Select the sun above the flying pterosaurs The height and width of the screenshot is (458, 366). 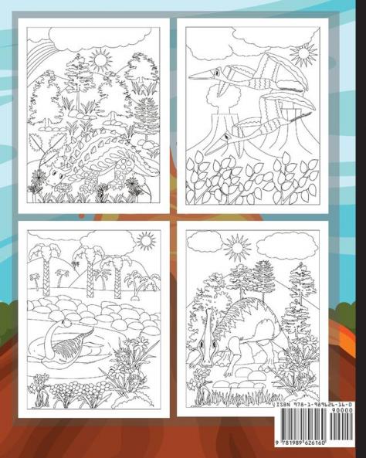pyautogui.click(x=303, y=54)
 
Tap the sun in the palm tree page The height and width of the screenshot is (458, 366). pyautogui.click(x=146, y=241)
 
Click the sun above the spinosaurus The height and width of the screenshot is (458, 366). pyautogui.click(x=237, y=248)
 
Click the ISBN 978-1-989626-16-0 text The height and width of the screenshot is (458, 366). pyautogui.click(x=314, y=405)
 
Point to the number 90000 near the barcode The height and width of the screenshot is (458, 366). pyautogui.click(x=344, y=410)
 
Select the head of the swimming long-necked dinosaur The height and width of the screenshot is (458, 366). pyautogui.click(x=66, y=323)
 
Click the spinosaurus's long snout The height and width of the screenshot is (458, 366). pyautogui.click(x=208, y=348)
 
